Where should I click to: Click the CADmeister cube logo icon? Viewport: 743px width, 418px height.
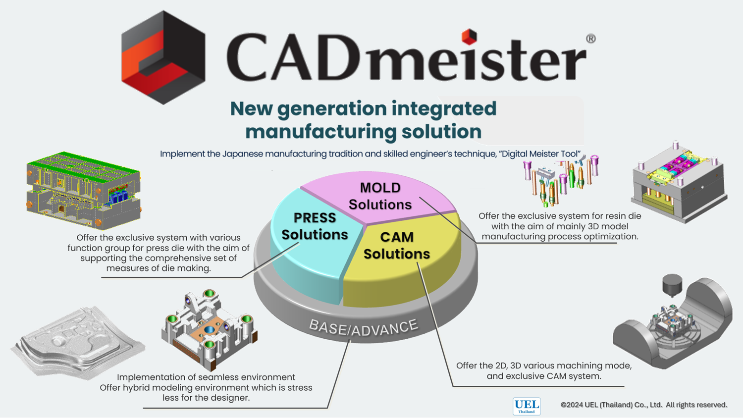click(x=163, y=57)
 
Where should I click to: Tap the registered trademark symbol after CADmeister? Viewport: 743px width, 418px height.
click(x=590, y=39)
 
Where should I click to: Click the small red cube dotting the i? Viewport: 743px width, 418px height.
click(x=469, y=36)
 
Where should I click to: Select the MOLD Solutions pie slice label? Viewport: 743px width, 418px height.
click(x=380, y=196)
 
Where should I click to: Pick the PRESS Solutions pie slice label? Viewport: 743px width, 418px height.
click(x=315, y=226)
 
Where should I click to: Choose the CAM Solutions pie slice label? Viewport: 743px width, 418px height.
click(x=397, y=245)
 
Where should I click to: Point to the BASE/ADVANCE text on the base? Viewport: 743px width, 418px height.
click(x=364, y=327)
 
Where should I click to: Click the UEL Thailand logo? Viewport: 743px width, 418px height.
click(x=527, y=406)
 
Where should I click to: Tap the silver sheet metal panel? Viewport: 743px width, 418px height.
click(x=77, y=342)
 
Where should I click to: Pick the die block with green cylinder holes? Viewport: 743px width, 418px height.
click(x=209, y=327)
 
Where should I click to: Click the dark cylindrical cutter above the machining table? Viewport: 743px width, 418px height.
click(x=672, y=284)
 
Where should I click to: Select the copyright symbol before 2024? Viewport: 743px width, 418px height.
click(x=563, y=405)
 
